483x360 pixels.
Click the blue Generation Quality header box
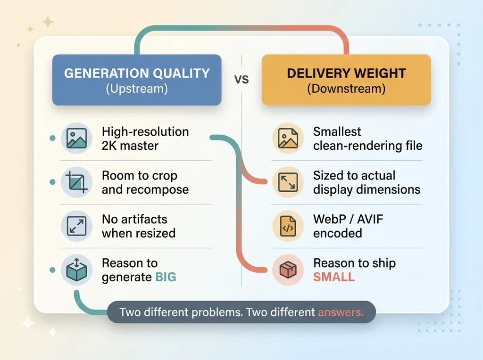(137, 80)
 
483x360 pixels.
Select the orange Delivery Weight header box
(346, 80)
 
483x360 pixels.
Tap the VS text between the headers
(241, 79)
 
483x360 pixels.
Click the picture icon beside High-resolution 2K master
(76, 138)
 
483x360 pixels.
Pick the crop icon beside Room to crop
(76, 182)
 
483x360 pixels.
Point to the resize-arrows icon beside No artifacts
(76, 226)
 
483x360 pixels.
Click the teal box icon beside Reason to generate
(76, 270)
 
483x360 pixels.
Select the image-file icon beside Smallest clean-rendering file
(288, 138)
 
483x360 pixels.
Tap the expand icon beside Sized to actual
(288, 182)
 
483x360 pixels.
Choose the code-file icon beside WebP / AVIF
(288, 226)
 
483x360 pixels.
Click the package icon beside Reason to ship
(288, 270)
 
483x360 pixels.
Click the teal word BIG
(166, 277)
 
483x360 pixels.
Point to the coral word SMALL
(334, 277)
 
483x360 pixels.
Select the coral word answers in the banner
(341, 312)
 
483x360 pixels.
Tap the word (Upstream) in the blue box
(137, 89)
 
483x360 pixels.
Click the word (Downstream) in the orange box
(346, 89)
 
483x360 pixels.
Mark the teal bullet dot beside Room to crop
(53, 182)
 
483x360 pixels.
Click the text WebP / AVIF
(348, 220)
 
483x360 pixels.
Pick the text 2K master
(130, 146)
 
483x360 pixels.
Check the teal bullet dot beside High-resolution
(53, 138)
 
